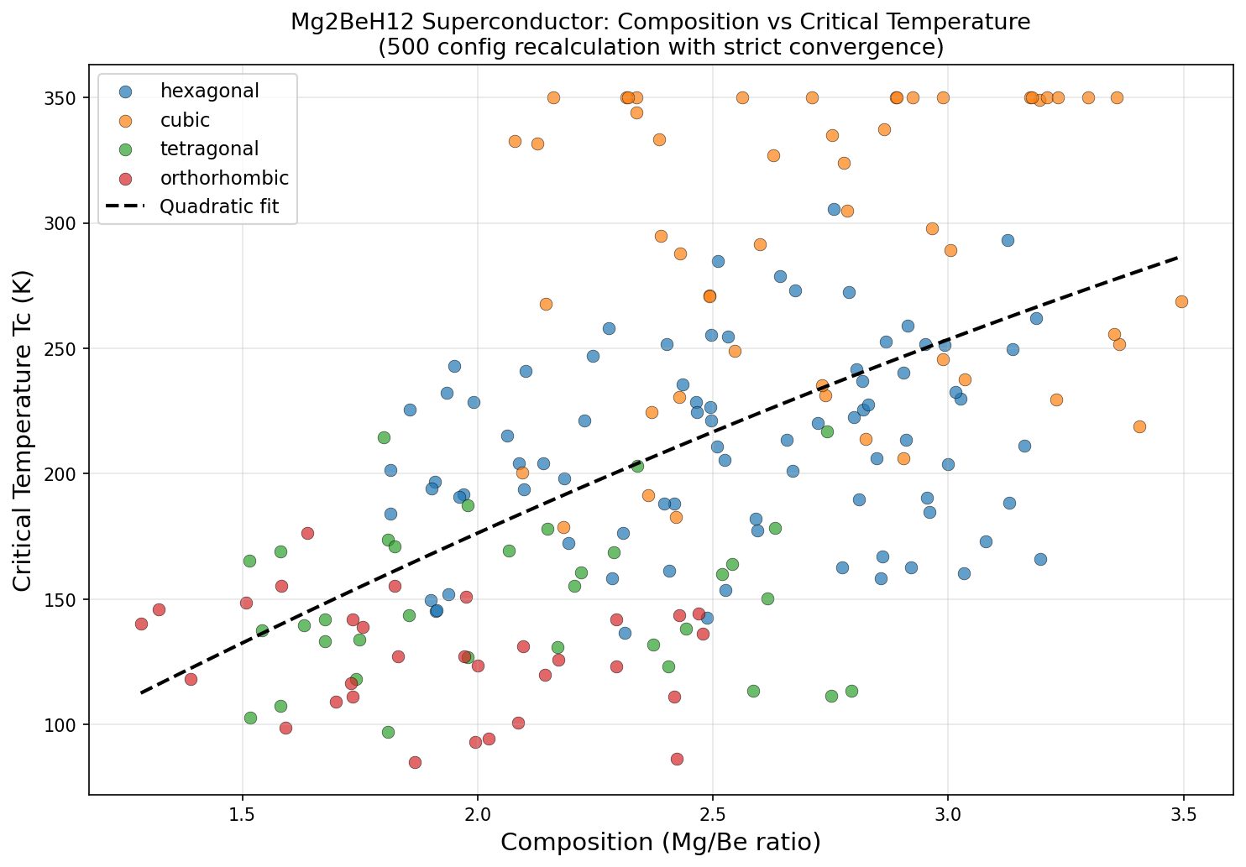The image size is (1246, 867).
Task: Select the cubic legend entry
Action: pyautogui.click(x=185, y=120)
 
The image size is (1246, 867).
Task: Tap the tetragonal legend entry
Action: pyautogui.click(x=209, y=149)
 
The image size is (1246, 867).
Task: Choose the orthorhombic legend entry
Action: pyautogui.click(x=224, y=178)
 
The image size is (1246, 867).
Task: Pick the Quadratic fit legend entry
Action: pyautogui.click(x=218, y=206)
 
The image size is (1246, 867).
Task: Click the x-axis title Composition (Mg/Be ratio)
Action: pyautogui.click(x=661, y=842)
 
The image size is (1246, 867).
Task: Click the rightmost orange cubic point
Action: pyautogui.click(x=1181, y=301)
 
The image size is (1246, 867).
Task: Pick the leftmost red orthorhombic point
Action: pyautogui.click(x=141, y=624)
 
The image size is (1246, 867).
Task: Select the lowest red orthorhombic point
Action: pyautogui.click(x=415, y=762)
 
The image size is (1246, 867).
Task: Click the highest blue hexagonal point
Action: pyautogui.click(x=834, y=209)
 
